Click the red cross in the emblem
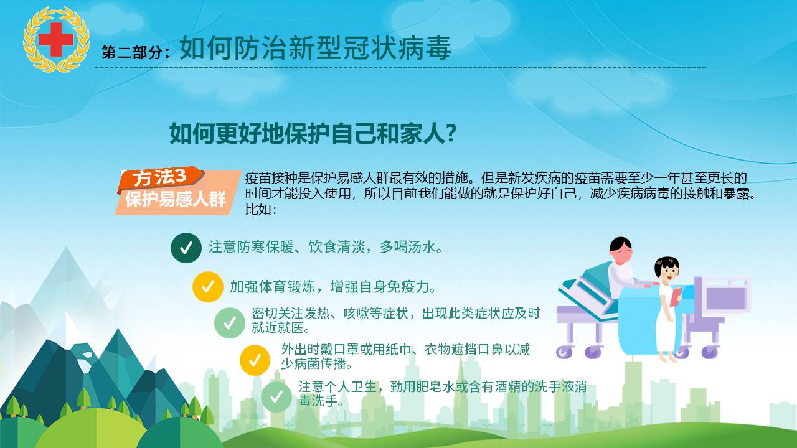[56, 39]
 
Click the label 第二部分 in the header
[133, 52]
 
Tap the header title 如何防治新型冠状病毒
[315, 48]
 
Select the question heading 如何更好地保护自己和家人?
[313, 134]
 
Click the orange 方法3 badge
[160, 178]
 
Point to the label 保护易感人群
[176, 198]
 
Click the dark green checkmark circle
[186, 248]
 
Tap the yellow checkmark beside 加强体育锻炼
[208, 287]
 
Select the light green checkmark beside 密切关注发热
[230, 323]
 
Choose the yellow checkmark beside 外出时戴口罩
[255, 360]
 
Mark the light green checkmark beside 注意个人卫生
[276, 397]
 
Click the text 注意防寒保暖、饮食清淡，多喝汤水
[326, 247]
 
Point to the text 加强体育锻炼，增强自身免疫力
[333, 287]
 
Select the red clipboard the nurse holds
[676, 297]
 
